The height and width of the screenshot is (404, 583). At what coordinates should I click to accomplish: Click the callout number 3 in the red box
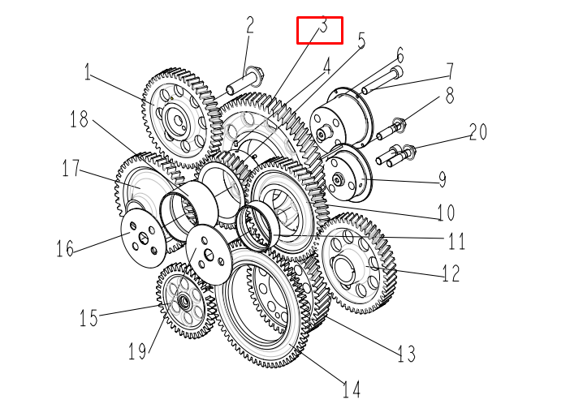(322, 28)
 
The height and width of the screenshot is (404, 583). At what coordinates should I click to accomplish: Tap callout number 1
(87, 73)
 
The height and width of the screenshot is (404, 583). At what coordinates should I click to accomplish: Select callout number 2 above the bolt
(249, 25)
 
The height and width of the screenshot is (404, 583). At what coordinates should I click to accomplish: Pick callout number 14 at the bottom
(351, 390)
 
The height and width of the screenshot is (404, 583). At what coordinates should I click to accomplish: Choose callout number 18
(79, 121)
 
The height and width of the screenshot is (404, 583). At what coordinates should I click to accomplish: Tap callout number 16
(66, 247)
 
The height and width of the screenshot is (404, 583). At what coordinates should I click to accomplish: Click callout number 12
(451, 273)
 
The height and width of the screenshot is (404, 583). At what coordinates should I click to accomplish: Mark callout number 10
(445, 213)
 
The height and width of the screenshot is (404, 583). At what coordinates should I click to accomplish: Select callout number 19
(137, 350)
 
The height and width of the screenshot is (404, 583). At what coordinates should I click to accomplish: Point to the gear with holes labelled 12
(358, 262)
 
